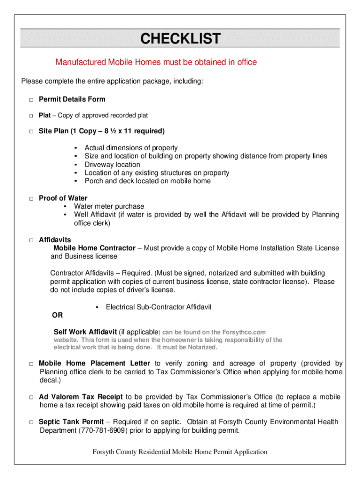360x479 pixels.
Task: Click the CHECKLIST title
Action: click(180, 38)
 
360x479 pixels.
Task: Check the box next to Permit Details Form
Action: click(31, 100)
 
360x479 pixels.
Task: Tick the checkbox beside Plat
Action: click(31, 116)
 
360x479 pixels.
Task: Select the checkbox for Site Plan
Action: click(31, 131)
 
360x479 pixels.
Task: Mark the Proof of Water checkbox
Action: click(31, 199)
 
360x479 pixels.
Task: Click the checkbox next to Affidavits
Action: click(31, 240)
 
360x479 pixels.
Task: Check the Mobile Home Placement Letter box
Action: click(31, 364)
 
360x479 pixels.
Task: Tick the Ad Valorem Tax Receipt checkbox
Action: click(31, 398)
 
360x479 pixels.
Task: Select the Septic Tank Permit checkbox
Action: click(31, 422)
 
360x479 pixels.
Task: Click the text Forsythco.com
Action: click(243, 332)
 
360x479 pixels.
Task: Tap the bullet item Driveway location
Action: click(112, 165)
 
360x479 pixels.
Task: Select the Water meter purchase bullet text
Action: click(109, 206)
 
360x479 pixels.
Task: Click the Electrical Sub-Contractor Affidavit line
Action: click(158, 307)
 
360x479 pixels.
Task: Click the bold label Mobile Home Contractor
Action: click(94, 248)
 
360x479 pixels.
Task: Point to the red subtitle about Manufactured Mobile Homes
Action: click(156, 62)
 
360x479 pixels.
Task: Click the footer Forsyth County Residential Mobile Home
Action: click(180, 452)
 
